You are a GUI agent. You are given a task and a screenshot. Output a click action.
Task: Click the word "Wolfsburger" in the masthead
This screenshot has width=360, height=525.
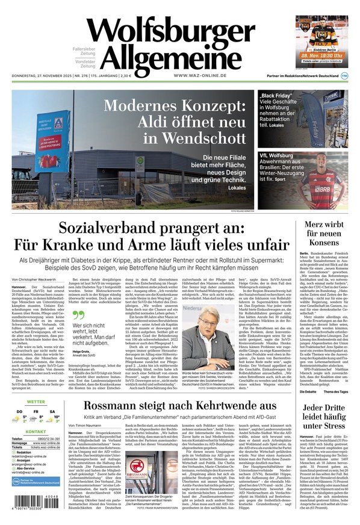[x=170, y=32]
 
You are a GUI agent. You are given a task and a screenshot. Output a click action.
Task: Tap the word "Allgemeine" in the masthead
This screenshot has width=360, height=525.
[x=171, y=59]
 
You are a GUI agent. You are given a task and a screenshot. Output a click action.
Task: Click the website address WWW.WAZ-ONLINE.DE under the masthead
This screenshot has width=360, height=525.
[x=200, y=75]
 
